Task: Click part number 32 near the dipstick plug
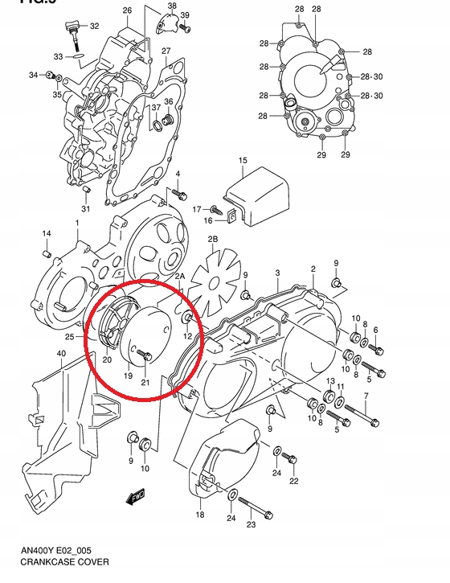(95, 27)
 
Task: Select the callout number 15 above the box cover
(243, 162)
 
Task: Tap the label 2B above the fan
(213, 239)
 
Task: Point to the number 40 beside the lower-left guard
(61, 354)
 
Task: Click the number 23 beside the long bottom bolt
(251, 524)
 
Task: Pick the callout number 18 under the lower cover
(200, 515)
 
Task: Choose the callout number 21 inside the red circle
(145, 382)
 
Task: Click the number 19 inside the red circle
(127, 376)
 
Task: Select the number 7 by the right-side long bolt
(366, 396)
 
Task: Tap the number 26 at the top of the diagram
(127, 10)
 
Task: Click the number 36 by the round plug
(169, 101)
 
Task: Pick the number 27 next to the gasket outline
(166, 51)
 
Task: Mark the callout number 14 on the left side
(47, 233)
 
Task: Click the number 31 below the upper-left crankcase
(86, 210)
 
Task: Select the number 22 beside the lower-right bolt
(294, 481)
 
